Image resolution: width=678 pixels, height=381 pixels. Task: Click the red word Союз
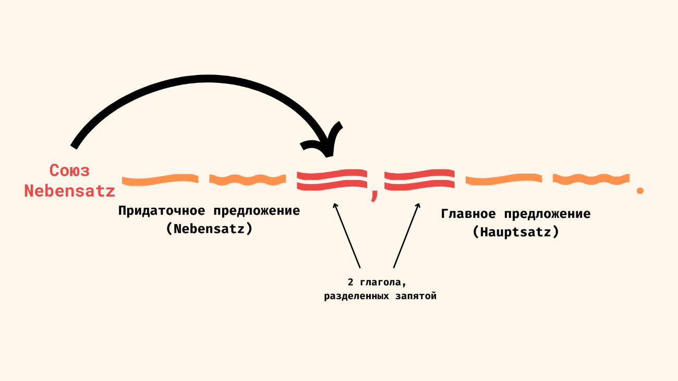(x=69, y=170)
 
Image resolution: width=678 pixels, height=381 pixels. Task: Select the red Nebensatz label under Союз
(x=69, y=191)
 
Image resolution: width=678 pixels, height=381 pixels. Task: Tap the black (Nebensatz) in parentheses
(x=209, y=228)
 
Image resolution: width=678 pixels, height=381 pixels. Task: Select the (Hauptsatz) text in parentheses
(x=516, y=232)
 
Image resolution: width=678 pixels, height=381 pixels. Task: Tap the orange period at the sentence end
(x=640, y=190)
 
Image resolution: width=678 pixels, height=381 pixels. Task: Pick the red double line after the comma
(x=419, y=179)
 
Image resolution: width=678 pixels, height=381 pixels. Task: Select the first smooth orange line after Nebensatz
(x=160, y=180)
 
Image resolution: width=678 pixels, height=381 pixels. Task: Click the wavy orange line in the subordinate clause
(x=248, y=180)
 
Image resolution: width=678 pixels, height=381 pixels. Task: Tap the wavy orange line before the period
(x=591, y=180)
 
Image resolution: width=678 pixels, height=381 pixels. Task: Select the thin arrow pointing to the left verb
(x=347, y=235)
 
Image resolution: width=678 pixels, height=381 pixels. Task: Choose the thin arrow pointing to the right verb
(x=406, y=235)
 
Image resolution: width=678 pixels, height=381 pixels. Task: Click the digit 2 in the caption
(x=350, y=282)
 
